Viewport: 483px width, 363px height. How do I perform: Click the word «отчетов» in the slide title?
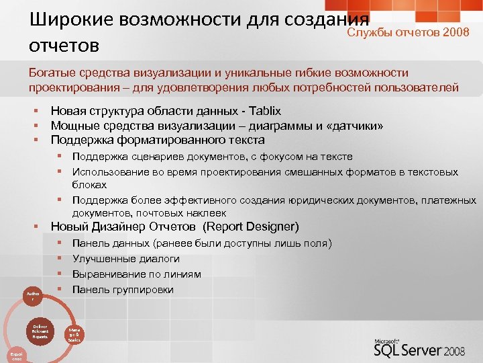point(64,46)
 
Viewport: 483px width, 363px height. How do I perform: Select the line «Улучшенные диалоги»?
point(125,259)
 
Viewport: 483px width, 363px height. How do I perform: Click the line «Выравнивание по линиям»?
point(136,274)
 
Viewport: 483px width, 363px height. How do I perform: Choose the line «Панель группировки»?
point(123,290)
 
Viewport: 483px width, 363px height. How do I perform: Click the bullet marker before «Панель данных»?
point(60,243)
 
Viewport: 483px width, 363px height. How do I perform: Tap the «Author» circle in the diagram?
point(32,296)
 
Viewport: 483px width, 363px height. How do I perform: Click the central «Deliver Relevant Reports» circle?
point(40,331)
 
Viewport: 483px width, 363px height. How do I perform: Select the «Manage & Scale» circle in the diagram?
point(74,334)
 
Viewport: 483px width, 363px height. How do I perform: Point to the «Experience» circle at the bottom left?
point(15,354)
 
